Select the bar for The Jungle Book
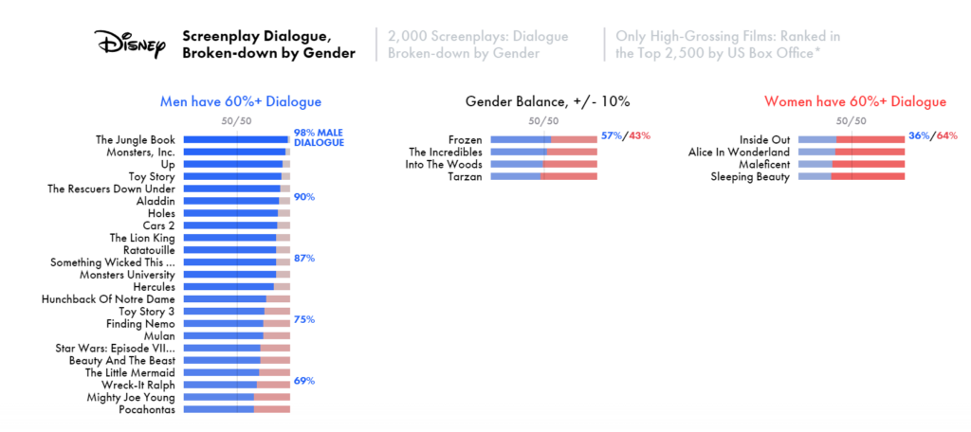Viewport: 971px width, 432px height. (x=236, y=139)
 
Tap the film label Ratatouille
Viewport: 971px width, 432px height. (x=149, y=250)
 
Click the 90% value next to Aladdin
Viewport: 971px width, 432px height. (x=304, y=197)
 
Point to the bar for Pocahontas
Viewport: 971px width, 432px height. (x=236, y=409)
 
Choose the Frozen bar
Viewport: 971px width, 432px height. (x=543, y=139)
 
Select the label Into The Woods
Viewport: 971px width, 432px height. (x=446, y=164)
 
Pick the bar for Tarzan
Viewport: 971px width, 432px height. (x=543, y=176)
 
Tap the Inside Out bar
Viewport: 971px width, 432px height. (x=852, y=139)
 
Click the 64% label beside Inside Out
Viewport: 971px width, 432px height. (x=946, y=135)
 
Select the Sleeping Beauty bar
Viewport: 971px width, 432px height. (x=852, y=176)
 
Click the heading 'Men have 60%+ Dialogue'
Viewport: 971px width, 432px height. (x=241, y=101)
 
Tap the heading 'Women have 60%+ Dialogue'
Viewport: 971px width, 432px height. (x=854, y=101)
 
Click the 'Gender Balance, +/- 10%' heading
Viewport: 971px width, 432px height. (x=547, y=101)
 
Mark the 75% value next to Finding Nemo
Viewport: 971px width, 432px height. (x=304, y=319)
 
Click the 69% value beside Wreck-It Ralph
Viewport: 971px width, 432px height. (x=304, y=381)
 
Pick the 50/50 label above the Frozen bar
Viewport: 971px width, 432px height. (x=544, y=120)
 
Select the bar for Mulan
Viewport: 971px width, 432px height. (x=236, y=335)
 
